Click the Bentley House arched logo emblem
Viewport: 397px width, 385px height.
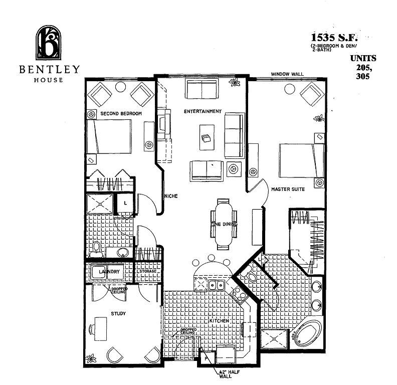pyautogui.click(x=49, y=43)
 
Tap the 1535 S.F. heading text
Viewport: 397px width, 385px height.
pyautogui.click(x=334, y=38)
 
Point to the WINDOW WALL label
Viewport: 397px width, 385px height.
pyautogui.click(x=287, y=74)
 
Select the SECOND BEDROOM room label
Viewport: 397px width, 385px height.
pyautogui.click(x=121, y=113)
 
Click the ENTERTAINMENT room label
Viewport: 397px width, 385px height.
pyautogui.click(x=203, y=111)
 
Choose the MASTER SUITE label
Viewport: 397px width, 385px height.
pyautogui.click(x=288, y=189)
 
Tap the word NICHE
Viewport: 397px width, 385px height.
pyautogui.click(x=171, y=196)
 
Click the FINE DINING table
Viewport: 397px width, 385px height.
pyautogui.click(x=224, y=224)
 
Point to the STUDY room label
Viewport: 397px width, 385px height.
pyautogui.click(x=118, y=314)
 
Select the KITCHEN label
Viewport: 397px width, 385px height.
pyautogui.click(x=219, y=321)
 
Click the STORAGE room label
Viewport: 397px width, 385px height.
pyautogui.click(x=148, y=271)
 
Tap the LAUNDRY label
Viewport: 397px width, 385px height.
pyautogui.click(x=109, y=272)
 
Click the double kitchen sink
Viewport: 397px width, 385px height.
pyautogui.click(x=217, y=285)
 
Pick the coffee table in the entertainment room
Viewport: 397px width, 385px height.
pyautogui.click(x=207, y=137)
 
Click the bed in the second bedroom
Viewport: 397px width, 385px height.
pyautogui.click(x=109, y=136)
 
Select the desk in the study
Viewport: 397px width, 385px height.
pyautogui.click(x=101, y=329)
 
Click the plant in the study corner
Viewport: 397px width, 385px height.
pyautogui.click(x=91, y=358)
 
